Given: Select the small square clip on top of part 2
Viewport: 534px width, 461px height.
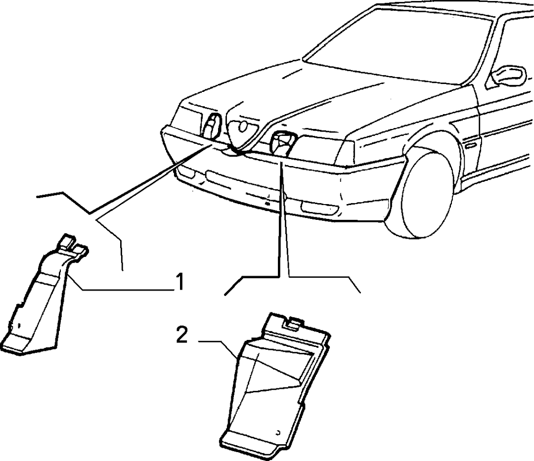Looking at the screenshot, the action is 292,322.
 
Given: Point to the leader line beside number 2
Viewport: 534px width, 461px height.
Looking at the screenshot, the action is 218,349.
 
